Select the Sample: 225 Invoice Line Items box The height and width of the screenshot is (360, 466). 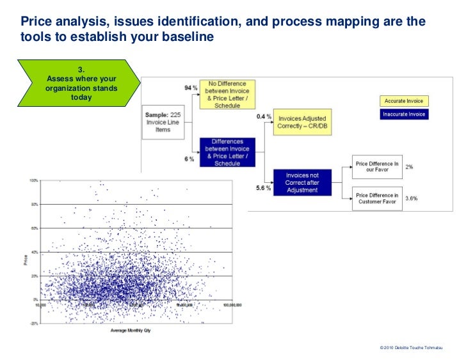(163, 122)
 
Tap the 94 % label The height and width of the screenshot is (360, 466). (189, 88)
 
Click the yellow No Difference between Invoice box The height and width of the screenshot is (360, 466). (227, 95)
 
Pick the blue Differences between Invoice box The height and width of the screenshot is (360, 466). (227, 153)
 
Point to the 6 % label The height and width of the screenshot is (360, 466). (189, 159)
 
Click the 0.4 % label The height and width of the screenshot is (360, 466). (264, 117)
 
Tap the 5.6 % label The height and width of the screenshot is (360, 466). (262, 188)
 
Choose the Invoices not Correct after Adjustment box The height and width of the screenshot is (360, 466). (301, 182)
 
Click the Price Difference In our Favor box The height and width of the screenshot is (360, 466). (377, 168)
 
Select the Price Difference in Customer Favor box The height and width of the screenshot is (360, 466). (377, 199)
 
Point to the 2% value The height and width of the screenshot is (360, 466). (410, 167)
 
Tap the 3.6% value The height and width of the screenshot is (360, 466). (412, 198)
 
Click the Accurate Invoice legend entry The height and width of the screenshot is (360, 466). (404, 101)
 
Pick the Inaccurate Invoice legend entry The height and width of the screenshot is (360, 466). (404, 114)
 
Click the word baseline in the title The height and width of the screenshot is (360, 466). (189, 38)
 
